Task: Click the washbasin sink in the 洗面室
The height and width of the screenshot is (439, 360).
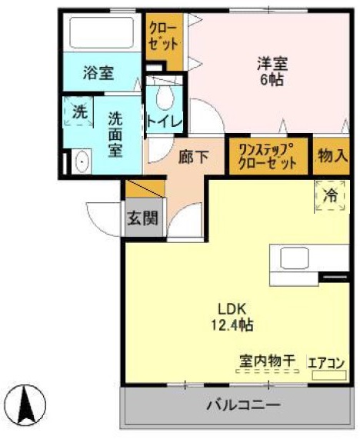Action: (x=80, y=162)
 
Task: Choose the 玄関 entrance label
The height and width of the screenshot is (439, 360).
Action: (x=143, y=218)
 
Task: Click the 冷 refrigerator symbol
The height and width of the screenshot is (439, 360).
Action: (x=329, y=196)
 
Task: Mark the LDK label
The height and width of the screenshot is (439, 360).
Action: (x=231, y=310)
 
